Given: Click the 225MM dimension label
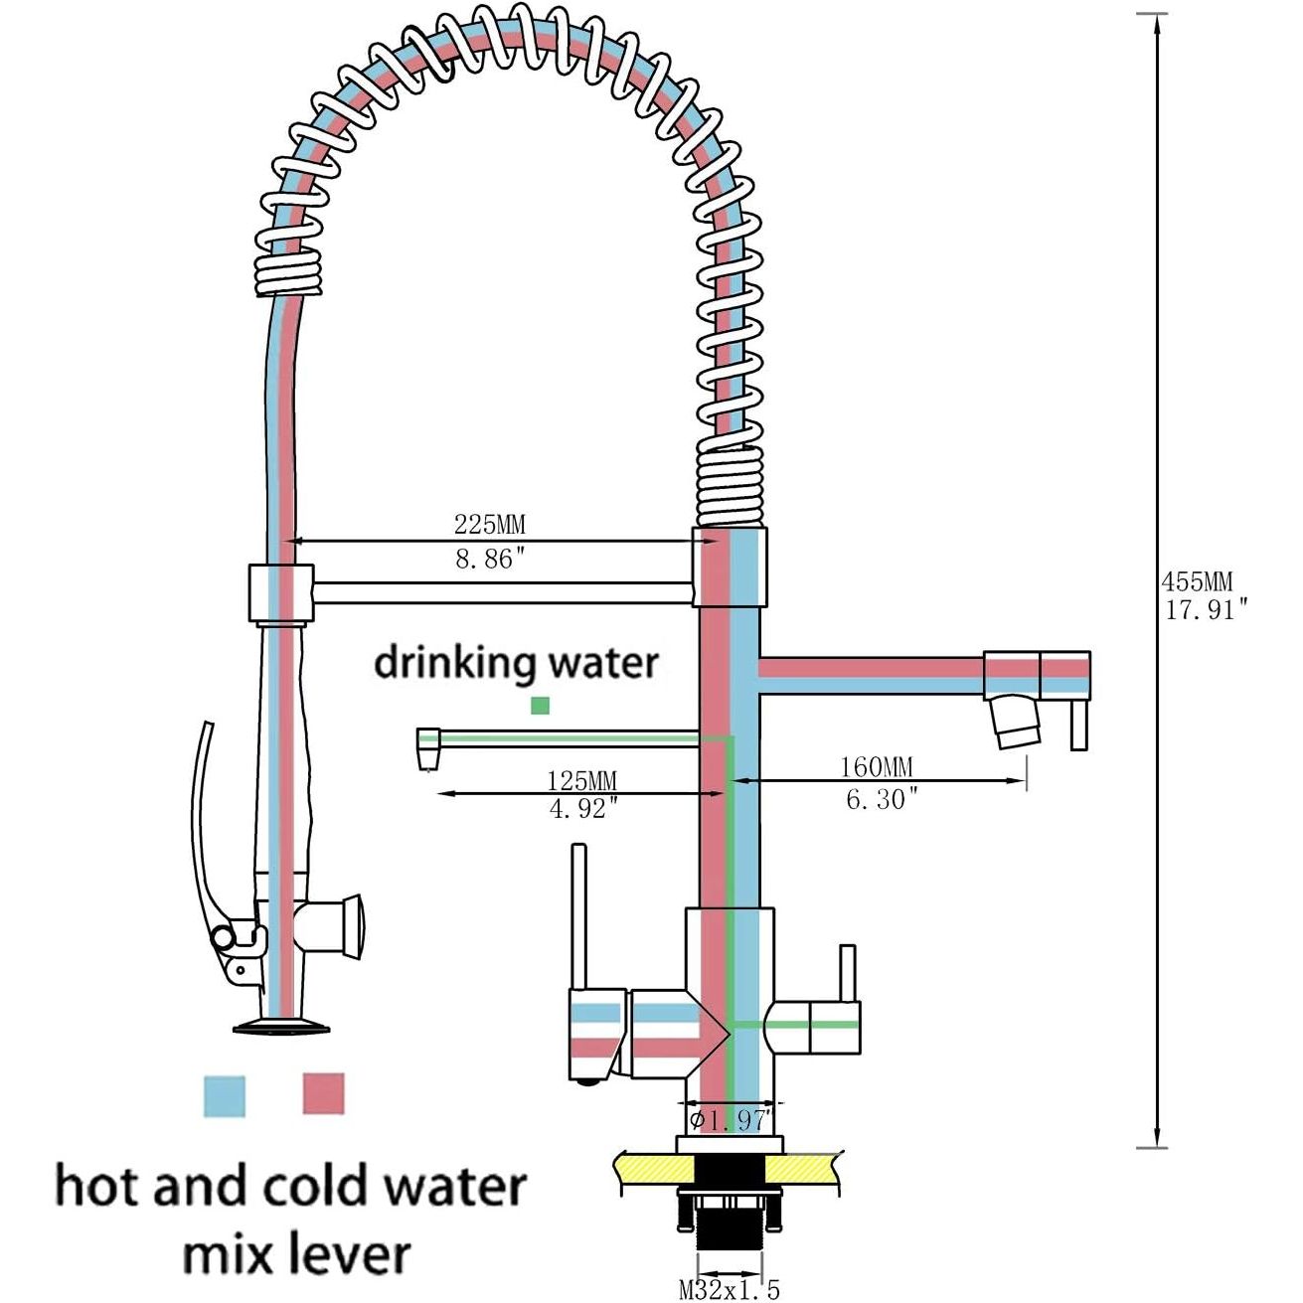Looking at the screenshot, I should point(489,524).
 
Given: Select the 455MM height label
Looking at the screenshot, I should point(1197,581).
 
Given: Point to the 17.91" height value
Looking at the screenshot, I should point(1206,609).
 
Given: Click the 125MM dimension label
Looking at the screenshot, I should point(581,781).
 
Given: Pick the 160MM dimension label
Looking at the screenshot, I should point(876,767).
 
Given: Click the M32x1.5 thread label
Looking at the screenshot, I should point(730,1290).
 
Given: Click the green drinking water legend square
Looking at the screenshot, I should point(540,705).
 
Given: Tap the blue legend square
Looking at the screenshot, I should point(224,1094).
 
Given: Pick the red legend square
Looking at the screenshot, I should point(323,1093).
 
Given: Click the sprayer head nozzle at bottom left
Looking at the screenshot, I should point(281,1027).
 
